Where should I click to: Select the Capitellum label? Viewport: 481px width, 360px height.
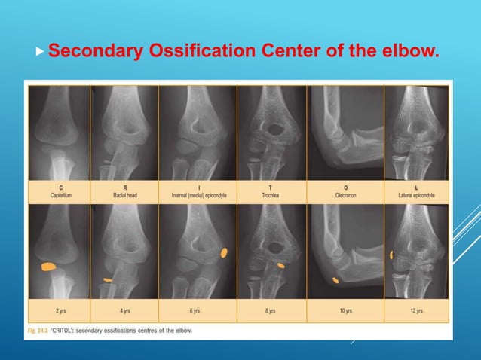[59, 194]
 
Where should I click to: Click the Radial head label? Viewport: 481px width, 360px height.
[124, 194]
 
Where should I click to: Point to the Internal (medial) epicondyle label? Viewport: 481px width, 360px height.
[197, 194]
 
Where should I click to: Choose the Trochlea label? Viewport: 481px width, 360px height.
[271, 194]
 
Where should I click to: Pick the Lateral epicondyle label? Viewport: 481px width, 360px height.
[417, 194]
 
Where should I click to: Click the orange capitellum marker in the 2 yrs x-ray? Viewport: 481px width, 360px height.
[48, 267]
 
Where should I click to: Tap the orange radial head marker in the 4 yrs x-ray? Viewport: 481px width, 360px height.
[108, 279]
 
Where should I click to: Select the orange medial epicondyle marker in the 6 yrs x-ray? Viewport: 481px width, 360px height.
[224, 253]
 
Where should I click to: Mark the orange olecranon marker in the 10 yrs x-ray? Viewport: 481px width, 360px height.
[335, 280]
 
